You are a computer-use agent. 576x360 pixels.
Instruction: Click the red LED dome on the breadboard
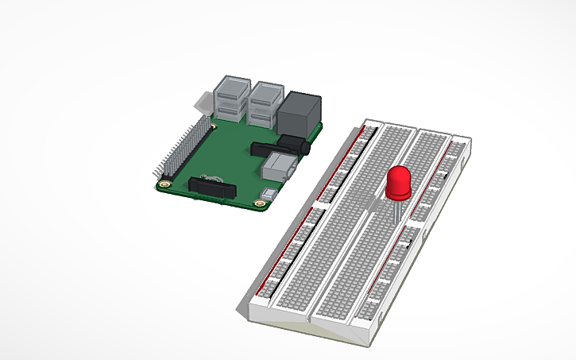coord(397,184)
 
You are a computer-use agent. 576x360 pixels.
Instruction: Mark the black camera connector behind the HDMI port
coord(267,148)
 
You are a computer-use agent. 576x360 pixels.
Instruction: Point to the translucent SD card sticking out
coord(201,104)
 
